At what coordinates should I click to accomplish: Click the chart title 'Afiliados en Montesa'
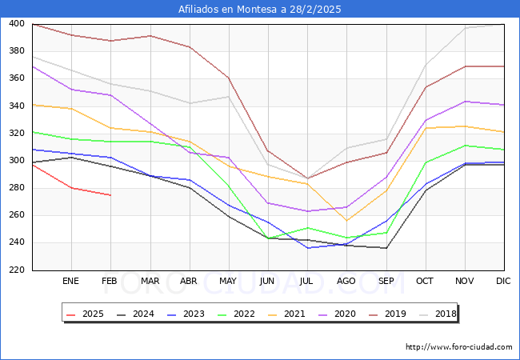click(260, 10)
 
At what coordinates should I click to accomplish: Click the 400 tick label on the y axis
click(18, 24)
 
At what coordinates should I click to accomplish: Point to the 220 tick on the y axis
click(18, 270)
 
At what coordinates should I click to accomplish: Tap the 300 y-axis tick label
click(18, 161)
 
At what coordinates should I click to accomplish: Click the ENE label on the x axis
click(71, 282)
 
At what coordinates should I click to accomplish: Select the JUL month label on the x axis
click(307, 282)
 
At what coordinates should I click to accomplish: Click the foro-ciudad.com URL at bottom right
click(459, 347)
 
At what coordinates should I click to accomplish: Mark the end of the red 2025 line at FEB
click(110, 195)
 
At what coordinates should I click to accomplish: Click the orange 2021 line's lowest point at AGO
click(346, 221)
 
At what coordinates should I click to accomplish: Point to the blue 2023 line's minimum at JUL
click(307, 248)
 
